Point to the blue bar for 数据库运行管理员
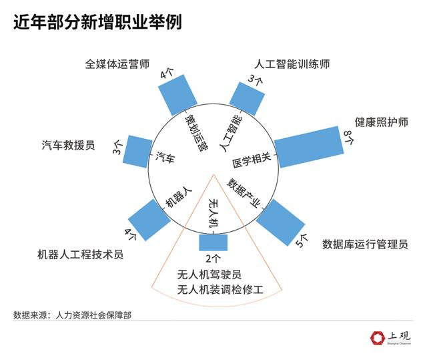280,221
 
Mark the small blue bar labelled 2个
213,242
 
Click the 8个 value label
348,138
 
